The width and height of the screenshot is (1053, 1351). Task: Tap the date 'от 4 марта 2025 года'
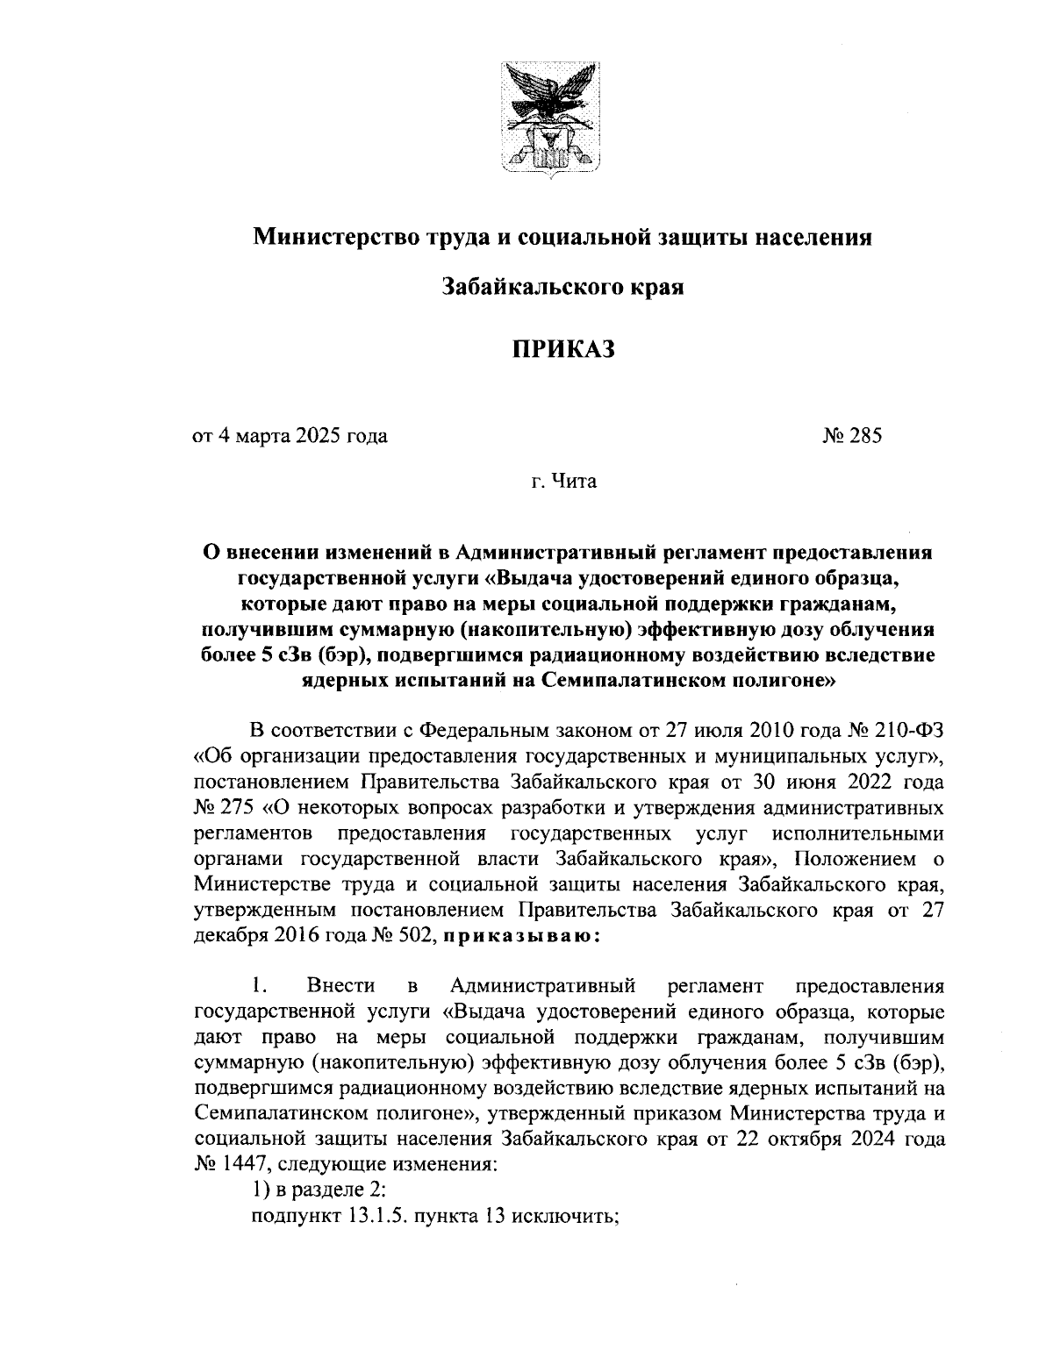(x=290, y=435)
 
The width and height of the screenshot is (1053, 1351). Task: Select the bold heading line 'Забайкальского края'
(x=562, y=286)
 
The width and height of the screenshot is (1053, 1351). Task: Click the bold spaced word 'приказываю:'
(x=520, y=936)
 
